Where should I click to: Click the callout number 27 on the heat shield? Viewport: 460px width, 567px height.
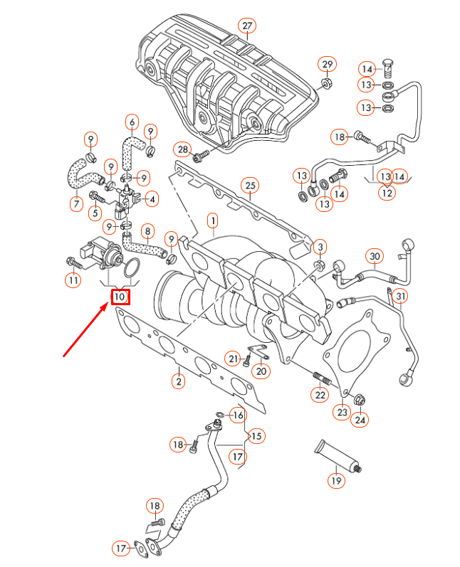point(246,26)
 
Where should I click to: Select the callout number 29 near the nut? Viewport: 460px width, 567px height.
point(327,65)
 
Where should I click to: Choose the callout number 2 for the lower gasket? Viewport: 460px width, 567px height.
point(177,382)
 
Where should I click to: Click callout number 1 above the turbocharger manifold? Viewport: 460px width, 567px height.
point(212,221)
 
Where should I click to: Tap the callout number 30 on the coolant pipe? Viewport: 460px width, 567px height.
point(375,256)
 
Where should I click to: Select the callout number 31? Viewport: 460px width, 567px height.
point(401,296)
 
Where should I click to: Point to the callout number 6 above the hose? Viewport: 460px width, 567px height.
point(131,122)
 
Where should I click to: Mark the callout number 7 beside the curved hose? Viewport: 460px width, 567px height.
point(76,204)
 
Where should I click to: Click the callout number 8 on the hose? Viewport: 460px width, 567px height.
point(147,230)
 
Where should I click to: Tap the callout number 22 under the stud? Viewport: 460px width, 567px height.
point(320,395)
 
